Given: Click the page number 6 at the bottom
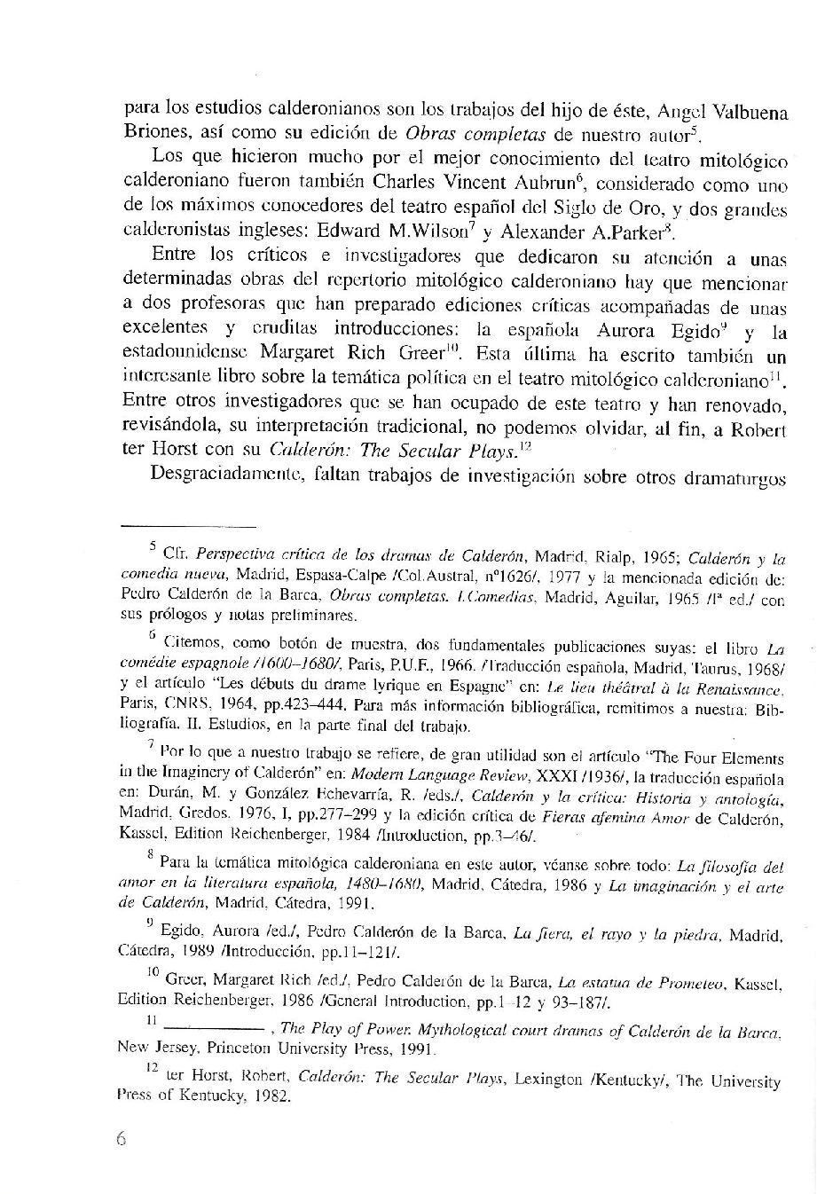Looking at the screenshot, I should tap(122, 1140).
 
